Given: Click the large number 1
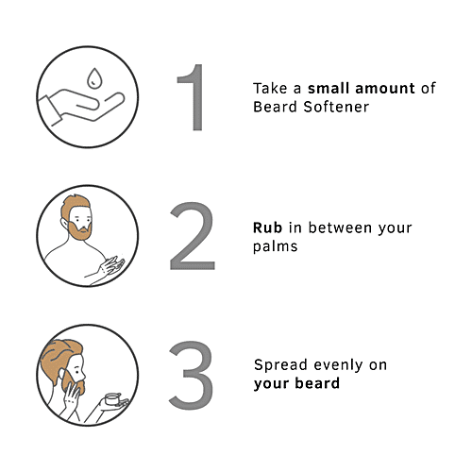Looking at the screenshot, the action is tap(193, 97).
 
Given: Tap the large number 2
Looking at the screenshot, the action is tap(192, 236).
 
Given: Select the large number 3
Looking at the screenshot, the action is tap(192, 375).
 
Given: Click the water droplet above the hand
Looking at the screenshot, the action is tap(94, 77).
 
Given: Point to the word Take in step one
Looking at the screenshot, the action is tap(270, 88).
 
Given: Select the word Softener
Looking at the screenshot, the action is tap(336, 107).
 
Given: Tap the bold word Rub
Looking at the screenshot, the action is tap(267, 228).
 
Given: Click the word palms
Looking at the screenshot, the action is tap(276, 246).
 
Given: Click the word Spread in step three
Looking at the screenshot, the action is tap(280, 365).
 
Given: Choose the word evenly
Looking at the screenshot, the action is tap(338, 365).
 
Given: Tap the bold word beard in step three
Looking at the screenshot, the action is tap(317, 383).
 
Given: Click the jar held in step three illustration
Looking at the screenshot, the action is tap(112, 399).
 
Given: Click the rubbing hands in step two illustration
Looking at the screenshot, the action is tap(111, 266).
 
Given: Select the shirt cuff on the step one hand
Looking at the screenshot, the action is tap(50, 110).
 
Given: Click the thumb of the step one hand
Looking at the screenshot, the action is tap(84, 102).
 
